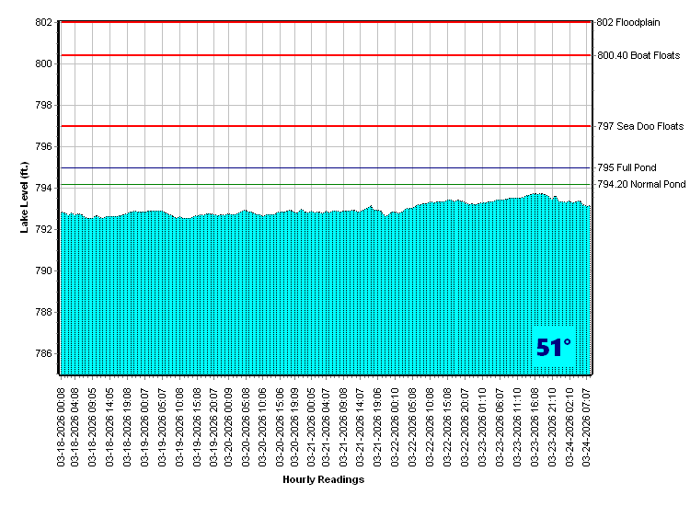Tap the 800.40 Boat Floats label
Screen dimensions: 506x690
pos(638,55)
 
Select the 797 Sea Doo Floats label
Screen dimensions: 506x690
pos(640,126)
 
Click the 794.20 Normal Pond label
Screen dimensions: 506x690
pos(641,185)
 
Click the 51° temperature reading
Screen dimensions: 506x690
pos(554,347)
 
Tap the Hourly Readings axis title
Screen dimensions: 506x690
pos(323,479)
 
